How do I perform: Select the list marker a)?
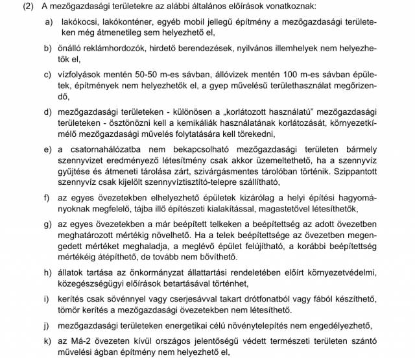48,22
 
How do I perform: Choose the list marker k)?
48,341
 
